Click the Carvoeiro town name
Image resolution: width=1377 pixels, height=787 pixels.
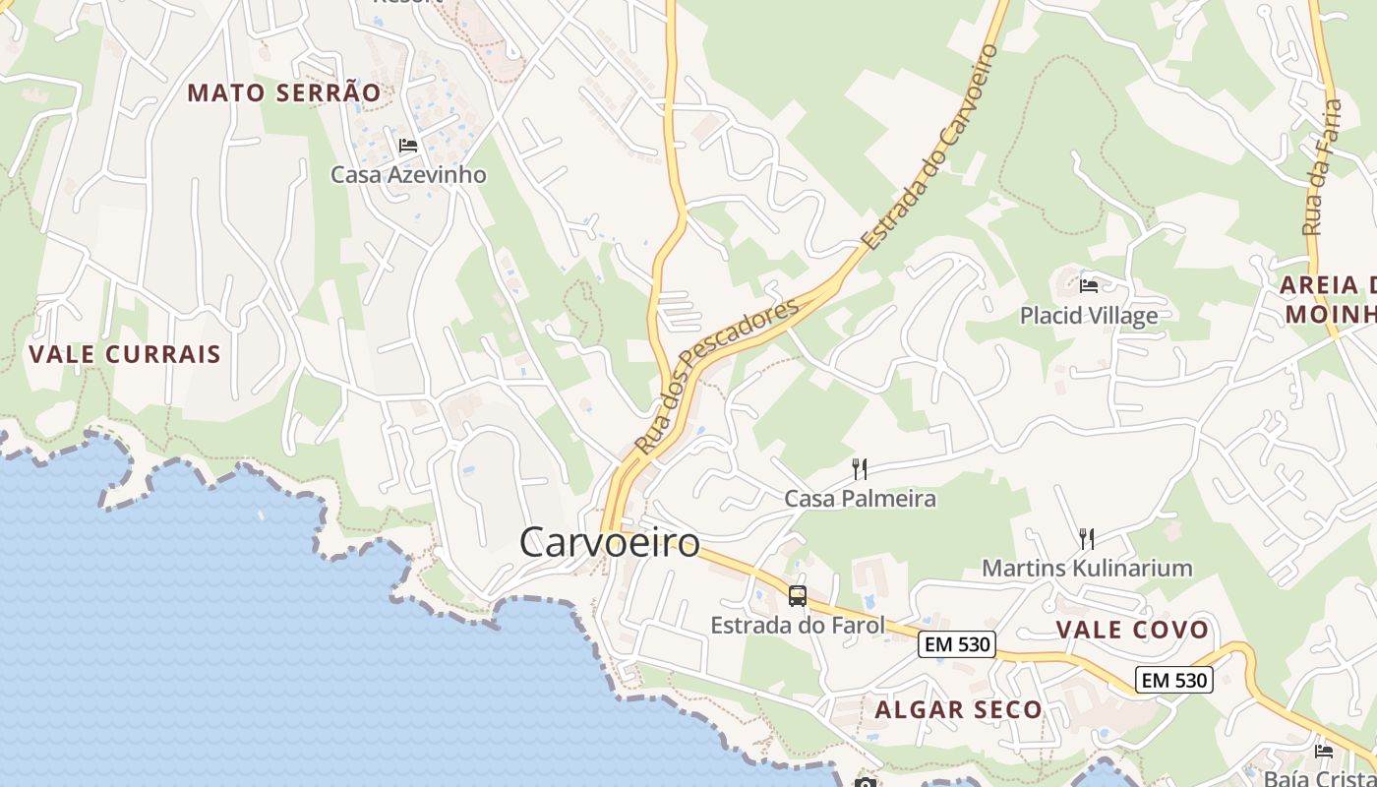coord(609,542)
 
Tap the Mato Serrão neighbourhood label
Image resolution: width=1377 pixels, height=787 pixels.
coord(283,92)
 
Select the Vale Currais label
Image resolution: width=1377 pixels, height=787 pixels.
coord(125,354)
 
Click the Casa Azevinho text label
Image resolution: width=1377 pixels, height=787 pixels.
coord(408,175)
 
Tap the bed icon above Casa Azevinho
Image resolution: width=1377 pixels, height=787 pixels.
coord(408,146)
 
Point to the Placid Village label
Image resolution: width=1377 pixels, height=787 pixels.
coord(1088,316)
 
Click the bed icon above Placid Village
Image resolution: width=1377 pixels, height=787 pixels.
coord(1089,286)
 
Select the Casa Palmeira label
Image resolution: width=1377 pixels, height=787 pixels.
coord(860,499)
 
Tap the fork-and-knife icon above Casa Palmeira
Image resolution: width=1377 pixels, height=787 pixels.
coord(860,468)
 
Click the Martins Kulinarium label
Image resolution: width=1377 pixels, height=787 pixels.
coord(1087,568)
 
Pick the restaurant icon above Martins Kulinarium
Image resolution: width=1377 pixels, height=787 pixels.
coord(1087,538)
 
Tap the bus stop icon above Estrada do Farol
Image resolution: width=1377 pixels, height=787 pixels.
coord(798,595)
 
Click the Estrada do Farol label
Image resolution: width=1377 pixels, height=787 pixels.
coord(798,625)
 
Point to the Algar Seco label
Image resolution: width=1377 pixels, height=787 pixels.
coord(958,709)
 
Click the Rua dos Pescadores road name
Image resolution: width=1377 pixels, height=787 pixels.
coord(716,377)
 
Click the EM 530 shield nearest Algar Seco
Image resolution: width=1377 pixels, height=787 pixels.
coord(957,645)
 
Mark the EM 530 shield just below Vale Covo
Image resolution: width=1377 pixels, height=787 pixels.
coord(1174,680)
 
